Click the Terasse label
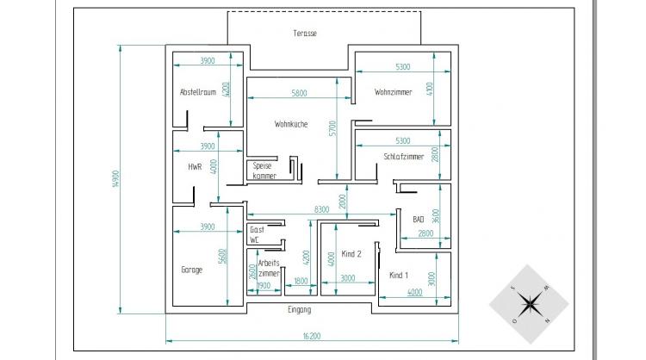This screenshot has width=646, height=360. [305, 34]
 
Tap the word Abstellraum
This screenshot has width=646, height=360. [198, 92]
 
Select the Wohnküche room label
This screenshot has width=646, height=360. [291, 124]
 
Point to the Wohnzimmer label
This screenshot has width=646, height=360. [393, 92]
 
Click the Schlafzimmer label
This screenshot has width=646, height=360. [404, 157]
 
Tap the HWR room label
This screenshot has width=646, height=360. [195, 167]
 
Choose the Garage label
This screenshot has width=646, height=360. [191, 270]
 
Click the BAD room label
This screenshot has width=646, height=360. [418, 220]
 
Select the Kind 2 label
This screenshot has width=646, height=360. [351, 254]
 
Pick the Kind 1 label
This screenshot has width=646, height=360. [399, 276]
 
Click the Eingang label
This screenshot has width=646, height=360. [300, 310]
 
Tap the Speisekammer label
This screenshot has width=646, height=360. [264, 171]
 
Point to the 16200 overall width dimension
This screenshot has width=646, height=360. [312, 337]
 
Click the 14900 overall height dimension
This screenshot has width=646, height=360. [115, 179]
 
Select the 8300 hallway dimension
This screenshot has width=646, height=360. [322, 209]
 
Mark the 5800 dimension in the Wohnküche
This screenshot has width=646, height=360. [299, 94]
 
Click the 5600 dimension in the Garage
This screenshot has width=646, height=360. [222, 256]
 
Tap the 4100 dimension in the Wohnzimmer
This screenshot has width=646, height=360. [430, 89]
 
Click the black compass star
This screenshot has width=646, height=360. [530, 304]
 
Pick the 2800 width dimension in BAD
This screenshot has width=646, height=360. [425, 233]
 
